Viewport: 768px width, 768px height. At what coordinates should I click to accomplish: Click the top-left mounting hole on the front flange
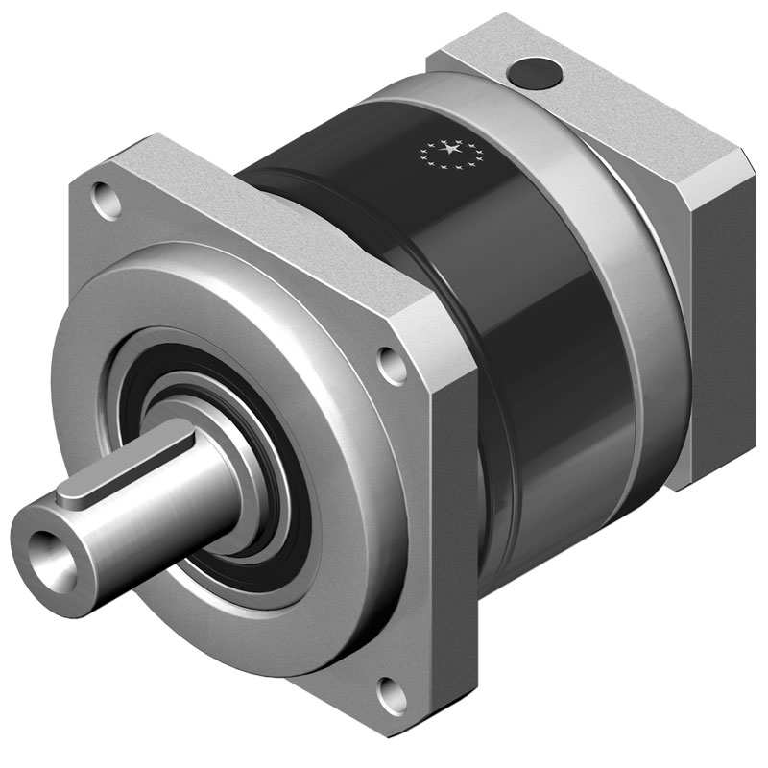coord(102,199)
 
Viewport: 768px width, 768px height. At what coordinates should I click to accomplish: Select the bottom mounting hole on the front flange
coord(388,687)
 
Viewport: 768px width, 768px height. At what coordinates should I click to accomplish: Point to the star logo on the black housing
coord(448,151)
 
